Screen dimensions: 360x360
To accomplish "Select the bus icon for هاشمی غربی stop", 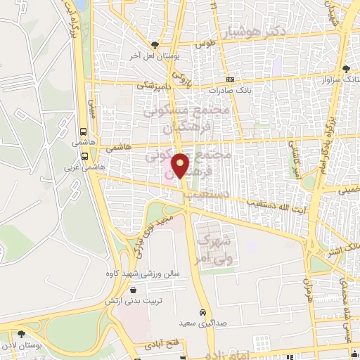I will coord(84,156).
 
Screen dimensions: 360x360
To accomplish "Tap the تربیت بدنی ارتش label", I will coord(148,300).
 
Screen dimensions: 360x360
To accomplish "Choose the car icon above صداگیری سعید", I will coord(202,311).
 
